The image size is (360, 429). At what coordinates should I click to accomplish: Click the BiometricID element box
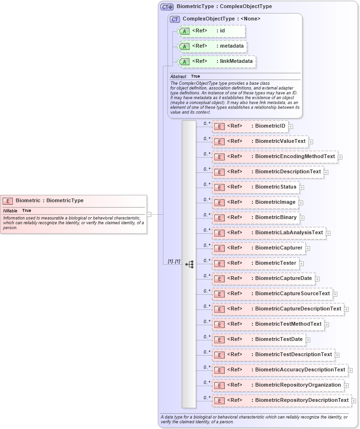250,126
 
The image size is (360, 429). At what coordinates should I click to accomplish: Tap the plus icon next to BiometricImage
301,202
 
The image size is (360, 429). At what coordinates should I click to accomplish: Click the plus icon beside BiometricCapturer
308,248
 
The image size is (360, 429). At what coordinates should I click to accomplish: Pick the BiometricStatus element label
275,187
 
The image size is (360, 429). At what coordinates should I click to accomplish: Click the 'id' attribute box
211,31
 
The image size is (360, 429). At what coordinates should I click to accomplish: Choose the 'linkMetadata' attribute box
217,61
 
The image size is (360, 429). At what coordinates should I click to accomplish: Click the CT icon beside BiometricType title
167,7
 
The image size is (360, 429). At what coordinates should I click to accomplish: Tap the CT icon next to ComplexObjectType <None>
175,19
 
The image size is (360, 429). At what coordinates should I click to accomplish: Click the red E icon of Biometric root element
8,201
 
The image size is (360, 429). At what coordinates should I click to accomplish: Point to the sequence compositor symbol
189,263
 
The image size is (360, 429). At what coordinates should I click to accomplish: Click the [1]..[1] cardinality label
174,261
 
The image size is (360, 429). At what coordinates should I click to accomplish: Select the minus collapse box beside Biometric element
149,214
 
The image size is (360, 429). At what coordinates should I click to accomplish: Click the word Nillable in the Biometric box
10,210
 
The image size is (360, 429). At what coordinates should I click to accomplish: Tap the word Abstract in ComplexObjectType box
178,76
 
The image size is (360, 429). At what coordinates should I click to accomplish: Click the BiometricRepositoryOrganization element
278,385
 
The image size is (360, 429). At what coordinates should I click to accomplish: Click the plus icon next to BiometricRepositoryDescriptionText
354,400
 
